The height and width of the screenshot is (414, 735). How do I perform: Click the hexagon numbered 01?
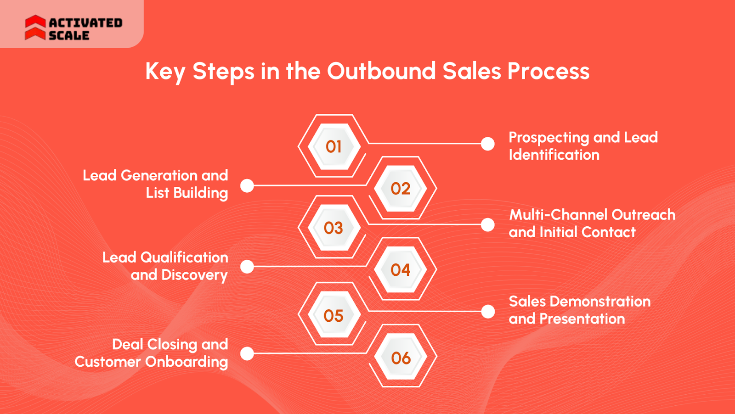click(x=334, y=146)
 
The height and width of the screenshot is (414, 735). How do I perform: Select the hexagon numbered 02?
click(x=401, y=188)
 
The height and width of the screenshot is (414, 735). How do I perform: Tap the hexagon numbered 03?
click(x=334, y=228)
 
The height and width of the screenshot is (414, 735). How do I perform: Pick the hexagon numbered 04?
click(x=401, y=269)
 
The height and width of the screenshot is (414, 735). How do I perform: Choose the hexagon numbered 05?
click(x=334, y=315)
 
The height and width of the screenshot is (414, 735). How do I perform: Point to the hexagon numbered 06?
click(x=401, y=358)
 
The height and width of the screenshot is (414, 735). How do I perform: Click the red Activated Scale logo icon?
click(x=35, y=28)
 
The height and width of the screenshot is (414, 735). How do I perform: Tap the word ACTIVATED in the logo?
click(x=85, y=22)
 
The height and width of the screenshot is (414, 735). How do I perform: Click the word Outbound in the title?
click(x=381, y=71)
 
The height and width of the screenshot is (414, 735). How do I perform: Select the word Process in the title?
click(x=548, y=71)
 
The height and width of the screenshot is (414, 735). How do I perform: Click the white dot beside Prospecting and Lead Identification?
click(x=488, y=144)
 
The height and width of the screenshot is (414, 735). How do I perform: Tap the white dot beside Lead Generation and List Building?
click(x=247, y=185)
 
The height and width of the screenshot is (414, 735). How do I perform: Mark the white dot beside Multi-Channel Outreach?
click(x=488, y=225)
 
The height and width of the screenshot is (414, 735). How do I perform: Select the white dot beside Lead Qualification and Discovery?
click(x=247, y=266)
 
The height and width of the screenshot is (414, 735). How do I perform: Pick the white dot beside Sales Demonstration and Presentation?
click(x=488, y=312)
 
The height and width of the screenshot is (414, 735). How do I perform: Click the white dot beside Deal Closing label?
click(x=247, y=353)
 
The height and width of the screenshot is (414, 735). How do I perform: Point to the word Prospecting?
click(x=548, y=138)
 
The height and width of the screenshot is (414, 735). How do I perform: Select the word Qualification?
click(x=184, y=257)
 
